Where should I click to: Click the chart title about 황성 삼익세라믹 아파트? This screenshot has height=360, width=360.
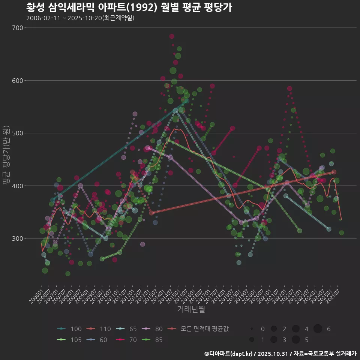(x=129, y=7)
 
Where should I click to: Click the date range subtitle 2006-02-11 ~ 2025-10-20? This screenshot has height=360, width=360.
(x=80, y=18)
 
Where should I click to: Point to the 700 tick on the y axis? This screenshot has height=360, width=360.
(x=18, y=28)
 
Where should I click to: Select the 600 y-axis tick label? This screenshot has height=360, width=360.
(x=18, y=80)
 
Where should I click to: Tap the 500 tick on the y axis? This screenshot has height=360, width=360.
(x=18, y=133)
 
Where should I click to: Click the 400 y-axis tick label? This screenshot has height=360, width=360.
(x=18, y=186)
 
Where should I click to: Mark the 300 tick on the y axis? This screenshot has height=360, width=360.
(x=18, y=238)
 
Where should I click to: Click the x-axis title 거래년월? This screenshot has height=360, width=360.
(x=191, y=309)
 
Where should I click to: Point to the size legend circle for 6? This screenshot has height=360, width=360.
(x=318, y=329)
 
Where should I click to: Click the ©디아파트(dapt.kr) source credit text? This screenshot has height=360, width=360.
(x=280, y=353)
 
